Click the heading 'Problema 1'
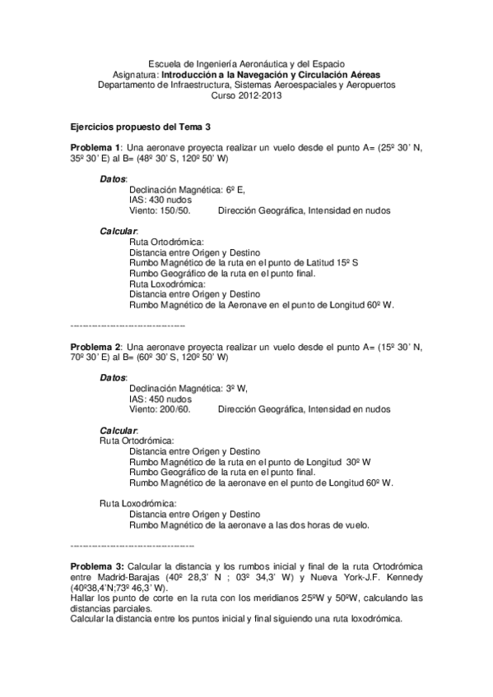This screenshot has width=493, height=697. [x=94, y=145]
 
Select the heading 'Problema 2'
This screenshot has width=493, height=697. [x=94, y=347]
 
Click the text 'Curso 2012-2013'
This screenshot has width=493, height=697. [x=246, y=95]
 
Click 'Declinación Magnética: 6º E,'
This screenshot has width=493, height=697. [x=186, y=189]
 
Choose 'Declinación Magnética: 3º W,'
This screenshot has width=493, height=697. [x=188, y=389]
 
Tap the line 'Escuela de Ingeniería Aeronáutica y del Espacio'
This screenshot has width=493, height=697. [x=246, y=63]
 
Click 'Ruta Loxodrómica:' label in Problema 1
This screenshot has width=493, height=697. [x=165, y=284]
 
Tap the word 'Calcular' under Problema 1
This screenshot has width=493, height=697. [x=119, y=232]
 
